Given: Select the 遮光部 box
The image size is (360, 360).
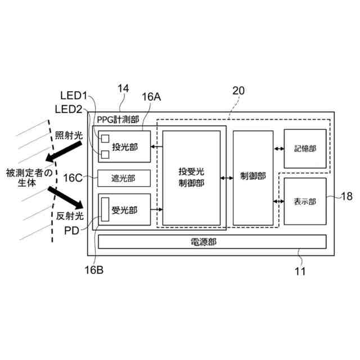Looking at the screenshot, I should tap(124, 178).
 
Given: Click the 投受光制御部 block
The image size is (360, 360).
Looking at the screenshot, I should tap(191, 178).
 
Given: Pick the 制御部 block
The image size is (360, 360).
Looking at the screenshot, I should tap(253, 178).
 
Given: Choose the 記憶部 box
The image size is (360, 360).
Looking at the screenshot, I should tap(305, 148).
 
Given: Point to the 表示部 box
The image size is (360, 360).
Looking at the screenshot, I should tap(304, 201).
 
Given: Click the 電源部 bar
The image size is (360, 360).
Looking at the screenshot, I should tap(212, 242).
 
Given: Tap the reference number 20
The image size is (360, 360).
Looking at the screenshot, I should tap(238, 91).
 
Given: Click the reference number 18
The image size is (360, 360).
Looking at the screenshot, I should tap(346, 196).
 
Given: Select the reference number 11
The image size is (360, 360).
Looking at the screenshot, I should tap(300, 272).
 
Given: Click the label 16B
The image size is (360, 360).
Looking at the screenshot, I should tap(94, 269).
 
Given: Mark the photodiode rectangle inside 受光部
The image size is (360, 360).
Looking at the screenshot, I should tap(105, 210).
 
